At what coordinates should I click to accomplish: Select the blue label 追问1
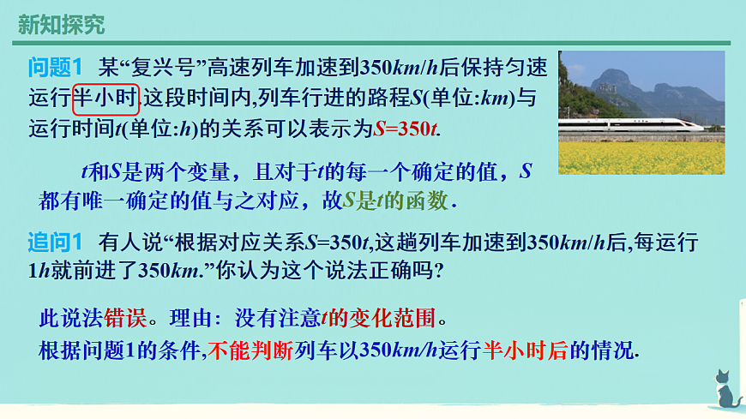point(54,241)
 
